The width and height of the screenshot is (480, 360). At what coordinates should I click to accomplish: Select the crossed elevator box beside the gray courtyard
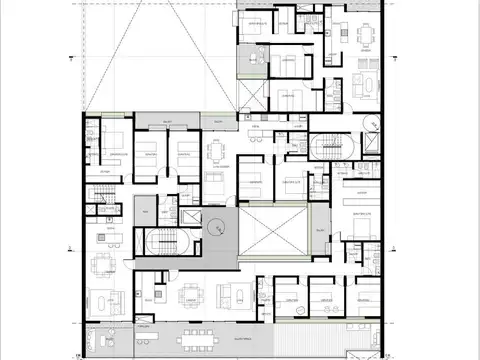point(189,219)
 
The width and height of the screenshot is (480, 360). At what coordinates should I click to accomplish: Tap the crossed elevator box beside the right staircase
point(369,144)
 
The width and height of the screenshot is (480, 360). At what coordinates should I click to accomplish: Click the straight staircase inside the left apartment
point(99,204)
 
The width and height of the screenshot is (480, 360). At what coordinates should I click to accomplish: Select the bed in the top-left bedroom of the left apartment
point(113,141)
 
